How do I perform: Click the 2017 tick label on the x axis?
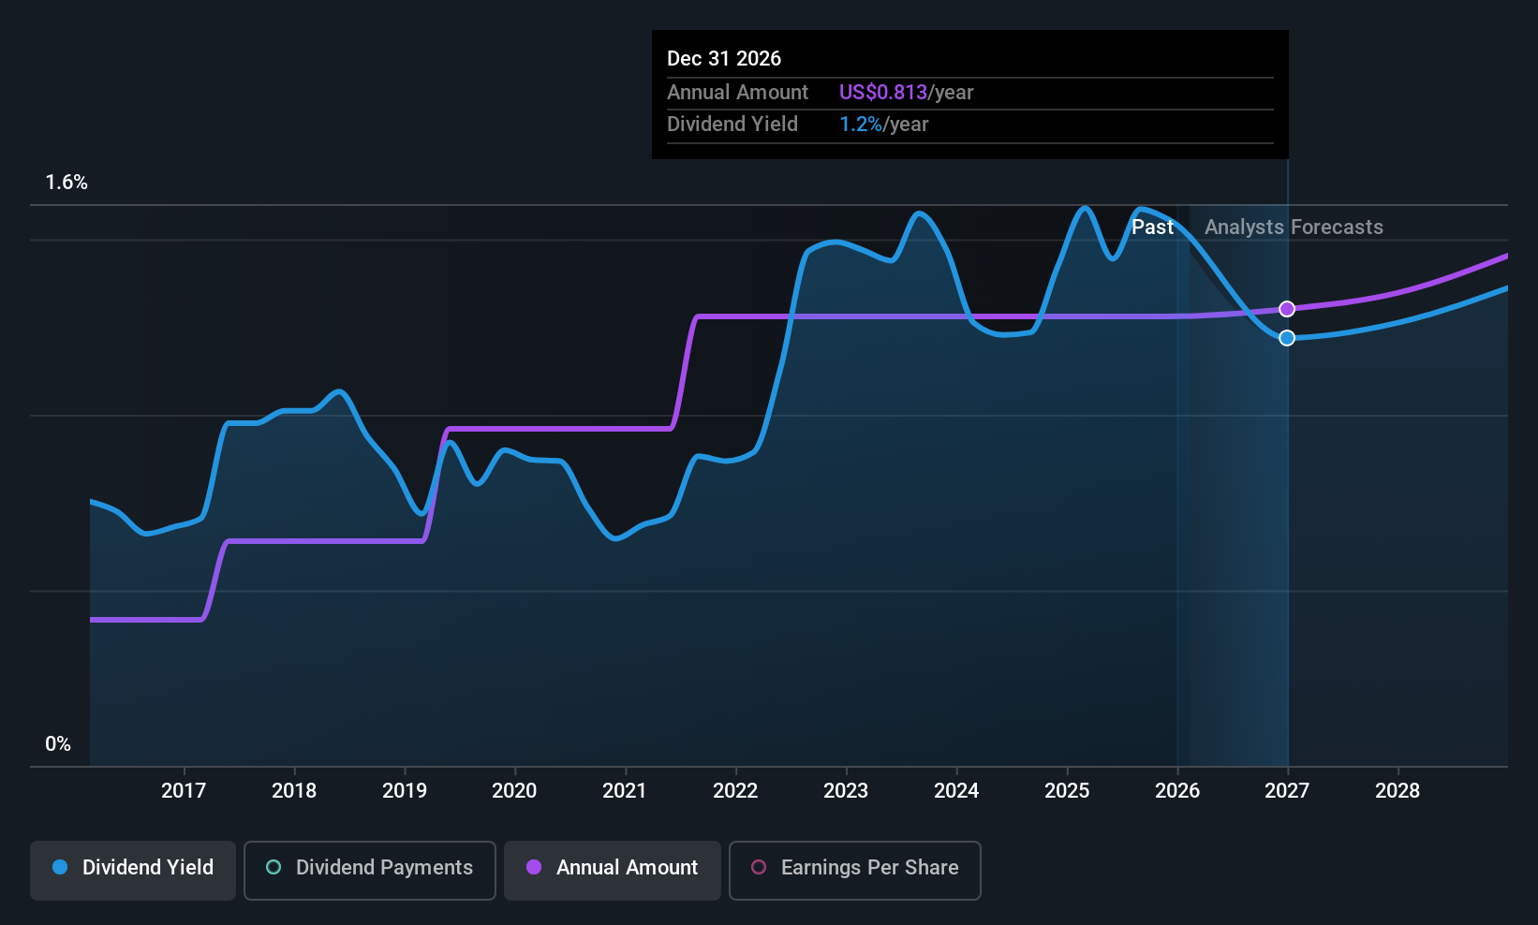click(x=184, y=790)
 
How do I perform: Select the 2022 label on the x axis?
click(x=735, y=790)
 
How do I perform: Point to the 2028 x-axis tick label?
click(x=1397, y=790)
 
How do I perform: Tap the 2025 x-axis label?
click(x=1067, y=790)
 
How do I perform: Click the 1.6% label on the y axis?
click(x=67, y=183)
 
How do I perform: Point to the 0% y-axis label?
click(x=58, y=744)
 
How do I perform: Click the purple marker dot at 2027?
click(x=1287, y=309)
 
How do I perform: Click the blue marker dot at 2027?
click(x=1287, y=338)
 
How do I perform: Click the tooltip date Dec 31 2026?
click(x=724, y=58)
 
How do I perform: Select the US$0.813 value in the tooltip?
click(x=882, y=92)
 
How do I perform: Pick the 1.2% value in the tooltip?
click(x=860, y=124)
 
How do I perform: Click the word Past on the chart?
click(x=1152, y=227)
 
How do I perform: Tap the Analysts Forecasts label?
click(x=1293, y=227)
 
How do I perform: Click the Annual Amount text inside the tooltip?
click(x=737, y=92)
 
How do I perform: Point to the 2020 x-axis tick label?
click(x=514, y=790)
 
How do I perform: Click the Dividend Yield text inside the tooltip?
click(x=732, y=124)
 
